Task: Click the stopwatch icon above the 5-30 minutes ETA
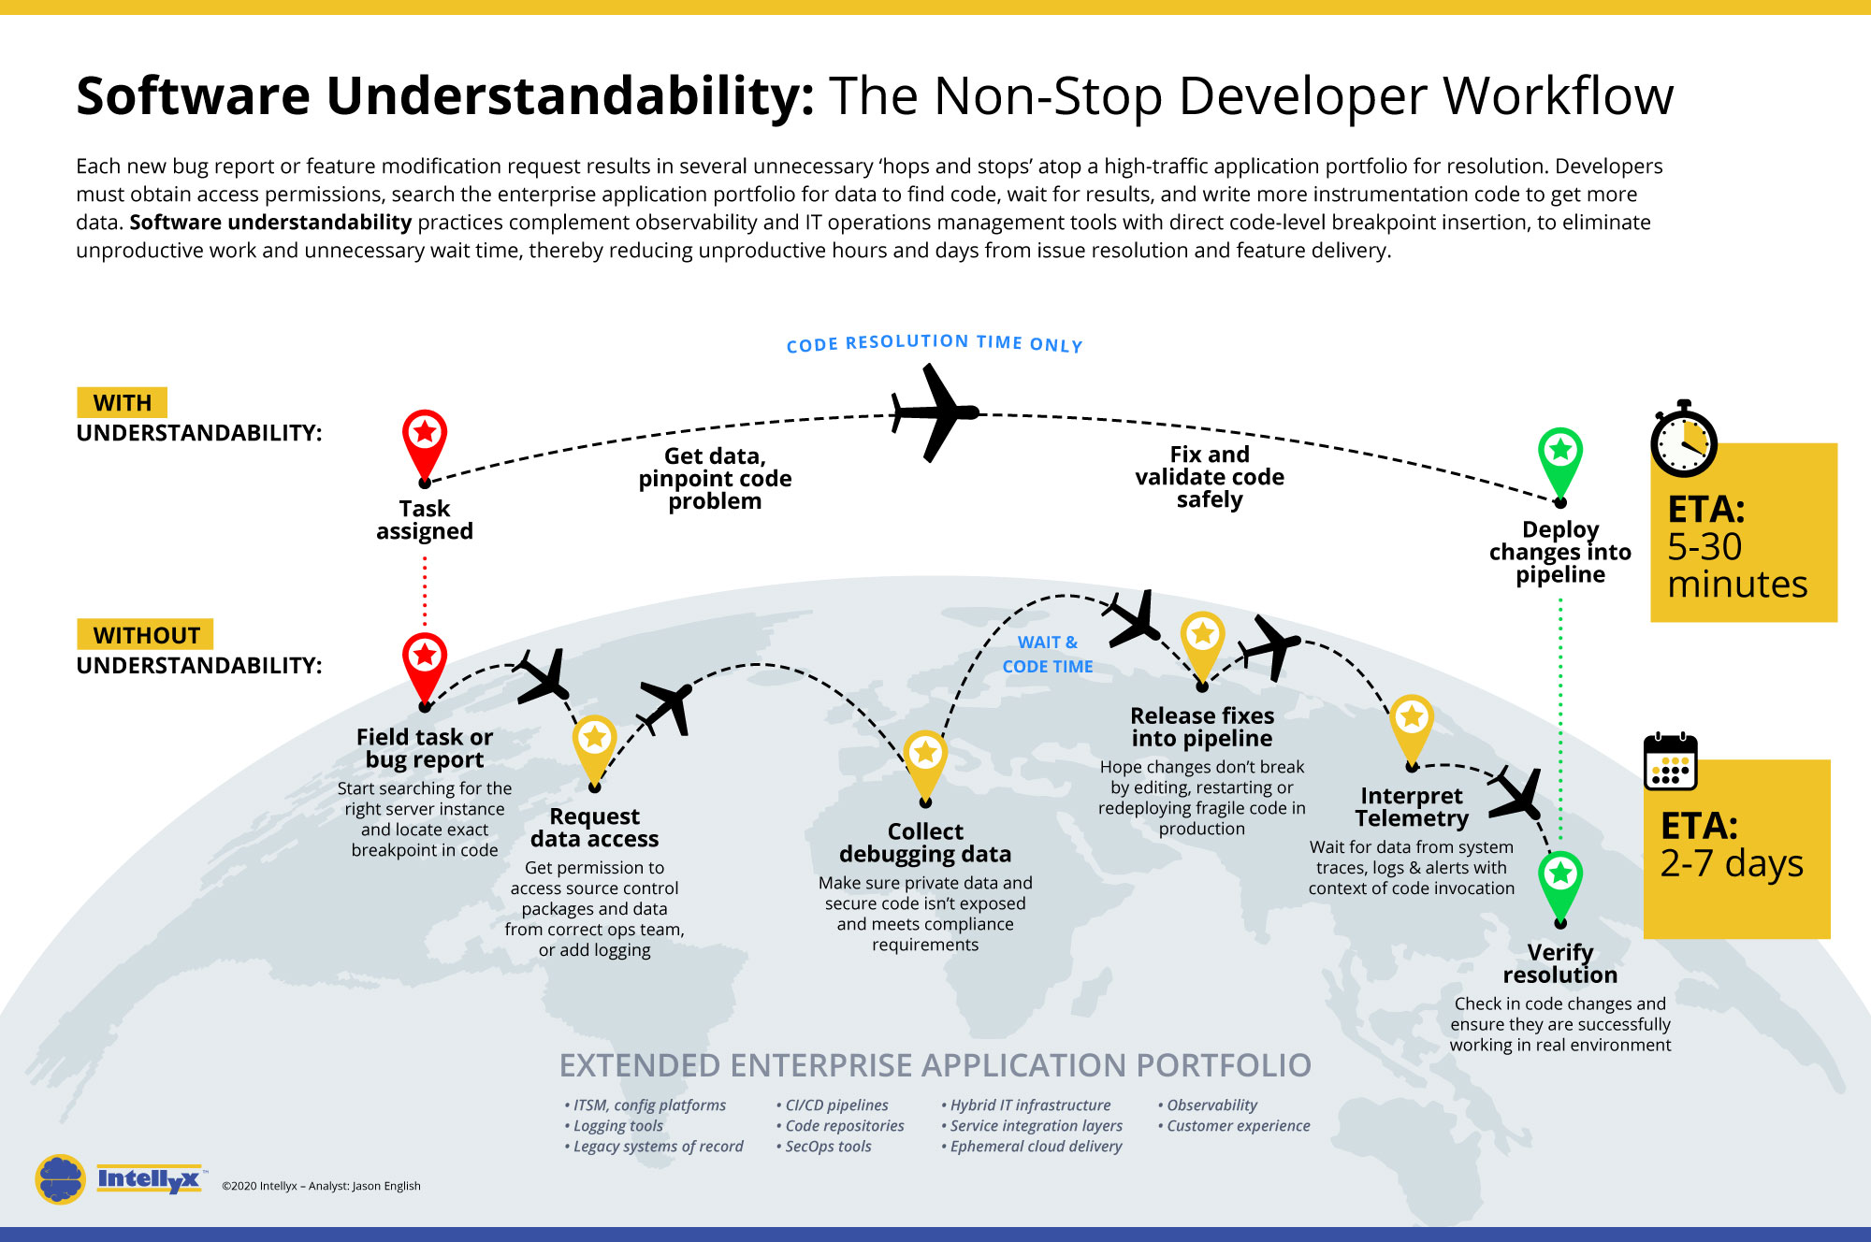1683,441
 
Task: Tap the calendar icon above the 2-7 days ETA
1670,762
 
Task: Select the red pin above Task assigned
425,440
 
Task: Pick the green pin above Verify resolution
1560,881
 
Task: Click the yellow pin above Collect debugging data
925,759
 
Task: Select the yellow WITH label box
122,402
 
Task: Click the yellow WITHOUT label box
145,635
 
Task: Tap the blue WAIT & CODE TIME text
1048,655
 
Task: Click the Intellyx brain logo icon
61,1178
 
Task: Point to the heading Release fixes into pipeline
1202,728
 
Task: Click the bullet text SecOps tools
828,1147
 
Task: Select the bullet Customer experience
1238,1126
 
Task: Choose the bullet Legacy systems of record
658,1147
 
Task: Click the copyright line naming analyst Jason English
321,1186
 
